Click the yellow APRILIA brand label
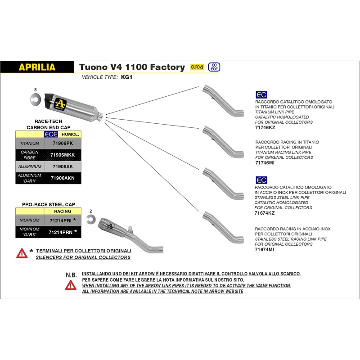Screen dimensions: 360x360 pos(37,67)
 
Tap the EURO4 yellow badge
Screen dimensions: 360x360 pos(197,67)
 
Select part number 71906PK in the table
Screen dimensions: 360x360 pos(62,143)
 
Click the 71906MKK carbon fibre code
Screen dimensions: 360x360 pos(63,155)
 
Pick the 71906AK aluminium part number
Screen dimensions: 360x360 pos(62,166)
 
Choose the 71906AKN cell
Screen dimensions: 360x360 pos(62,178)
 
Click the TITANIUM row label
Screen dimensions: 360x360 pos(30,143)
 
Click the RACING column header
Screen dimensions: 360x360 pos(63,211)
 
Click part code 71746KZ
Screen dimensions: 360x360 pos(265,128)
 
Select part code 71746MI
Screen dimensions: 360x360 pos(265,163)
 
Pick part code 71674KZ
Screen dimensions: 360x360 pos(265,213)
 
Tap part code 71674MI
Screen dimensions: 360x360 pos(265,249)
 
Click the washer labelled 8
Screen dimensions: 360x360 pos(36,98)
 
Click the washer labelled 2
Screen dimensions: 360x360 pos(91,219)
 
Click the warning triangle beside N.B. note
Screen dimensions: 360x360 pos(71,285)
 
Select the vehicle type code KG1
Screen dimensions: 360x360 pos(127,77)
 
